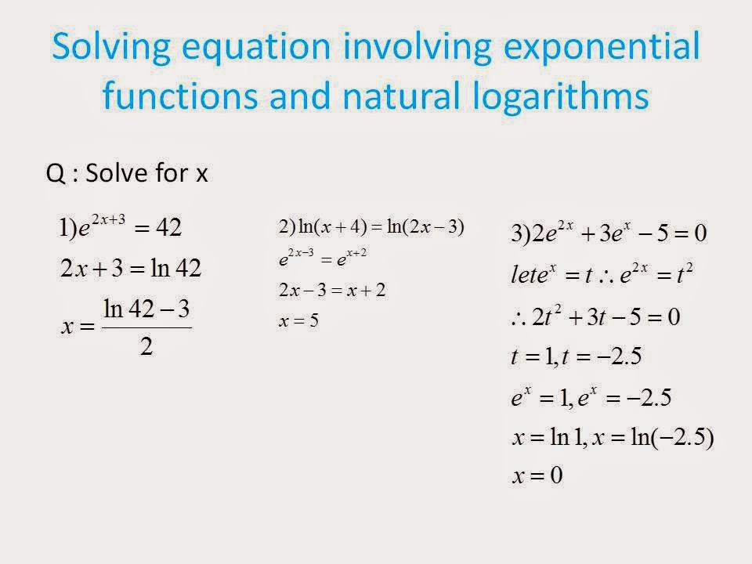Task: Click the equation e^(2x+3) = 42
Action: coord(121,228)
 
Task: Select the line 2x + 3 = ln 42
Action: coord(131,269)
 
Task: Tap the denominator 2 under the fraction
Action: coord(146,347)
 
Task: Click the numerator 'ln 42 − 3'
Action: coord(146,309)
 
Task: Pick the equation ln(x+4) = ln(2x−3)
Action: coord(371,228)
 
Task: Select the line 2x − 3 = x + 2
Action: coord(333,291)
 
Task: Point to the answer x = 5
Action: coord(298,321)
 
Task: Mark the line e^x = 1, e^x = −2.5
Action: coord(591,398)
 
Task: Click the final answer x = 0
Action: coord(537,476)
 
